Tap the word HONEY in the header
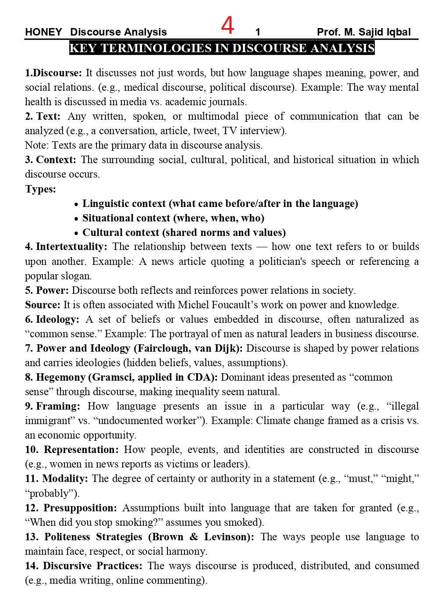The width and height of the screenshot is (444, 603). point(43,32)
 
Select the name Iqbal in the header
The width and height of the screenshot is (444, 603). point(398,32)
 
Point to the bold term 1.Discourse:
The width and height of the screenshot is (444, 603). point(53,73)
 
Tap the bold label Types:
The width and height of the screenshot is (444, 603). point(40,189)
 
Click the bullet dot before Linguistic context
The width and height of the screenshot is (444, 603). point(76,204)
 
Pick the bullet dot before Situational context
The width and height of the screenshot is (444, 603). point(76,219)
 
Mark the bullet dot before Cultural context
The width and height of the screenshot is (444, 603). point(76,233)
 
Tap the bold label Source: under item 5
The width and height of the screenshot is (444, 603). point(43,305)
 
